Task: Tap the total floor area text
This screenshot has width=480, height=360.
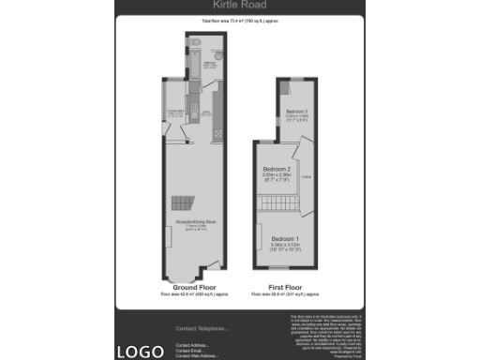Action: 240,21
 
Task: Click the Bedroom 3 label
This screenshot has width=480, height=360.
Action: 297,112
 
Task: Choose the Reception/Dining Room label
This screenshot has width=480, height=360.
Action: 196,221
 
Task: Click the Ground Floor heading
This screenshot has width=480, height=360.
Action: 196,287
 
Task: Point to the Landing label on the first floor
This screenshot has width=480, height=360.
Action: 307,175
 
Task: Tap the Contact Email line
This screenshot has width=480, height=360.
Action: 191,351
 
